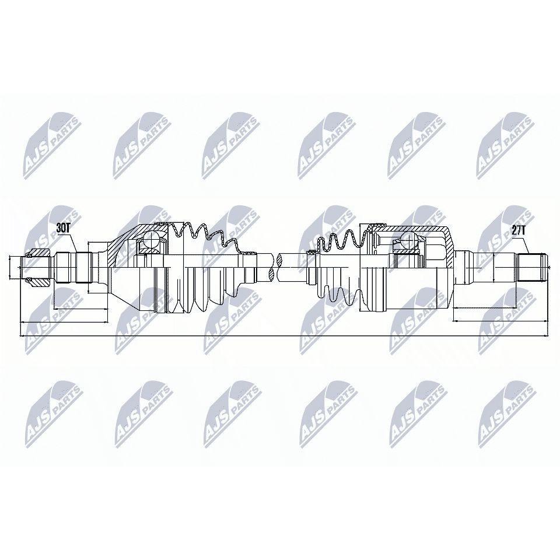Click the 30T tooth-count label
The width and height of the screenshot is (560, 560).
pyautogui.click(x=63, y=229)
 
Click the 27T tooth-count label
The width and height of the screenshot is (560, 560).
pyautogui.click(x=519, y=231)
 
